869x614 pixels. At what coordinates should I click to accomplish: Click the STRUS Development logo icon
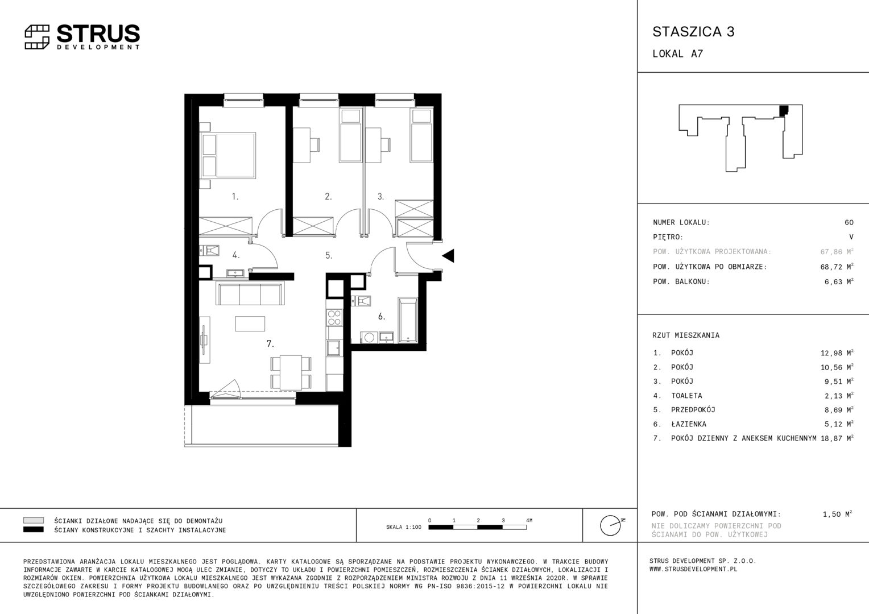click(37, 37)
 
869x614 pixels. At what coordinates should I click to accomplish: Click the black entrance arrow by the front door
click(448, 256)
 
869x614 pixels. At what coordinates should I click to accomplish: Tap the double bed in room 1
click(227, 155)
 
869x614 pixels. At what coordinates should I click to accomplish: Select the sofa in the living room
click(250, 293)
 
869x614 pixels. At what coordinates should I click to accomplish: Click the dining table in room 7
click(291, 372)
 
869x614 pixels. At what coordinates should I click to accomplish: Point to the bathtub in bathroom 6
click(408, 320)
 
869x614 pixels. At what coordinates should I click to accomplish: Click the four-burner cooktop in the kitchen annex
click(334, 318)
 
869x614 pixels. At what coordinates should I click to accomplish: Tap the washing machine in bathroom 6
click(369, 338)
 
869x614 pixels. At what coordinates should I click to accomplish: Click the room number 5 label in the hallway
click(329, 255)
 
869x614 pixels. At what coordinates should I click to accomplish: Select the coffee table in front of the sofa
click(250, 323)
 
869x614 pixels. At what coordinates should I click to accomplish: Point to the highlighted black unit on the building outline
click(784, 110)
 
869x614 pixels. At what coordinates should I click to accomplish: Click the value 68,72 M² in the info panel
click(837, 267)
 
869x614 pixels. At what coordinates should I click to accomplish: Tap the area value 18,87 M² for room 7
click(837, 438)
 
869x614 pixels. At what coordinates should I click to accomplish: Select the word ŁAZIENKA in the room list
click(689, 424)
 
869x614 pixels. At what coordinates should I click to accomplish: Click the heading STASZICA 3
click(694, 32)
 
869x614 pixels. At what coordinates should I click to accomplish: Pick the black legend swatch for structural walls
click(34, 529)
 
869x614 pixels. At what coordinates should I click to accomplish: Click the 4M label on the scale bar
click(529, 520)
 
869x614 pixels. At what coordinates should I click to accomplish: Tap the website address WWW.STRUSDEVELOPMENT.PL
click(693, 569)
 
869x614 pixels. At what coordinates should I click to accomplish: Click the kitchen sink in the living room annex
click(334, 348)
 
